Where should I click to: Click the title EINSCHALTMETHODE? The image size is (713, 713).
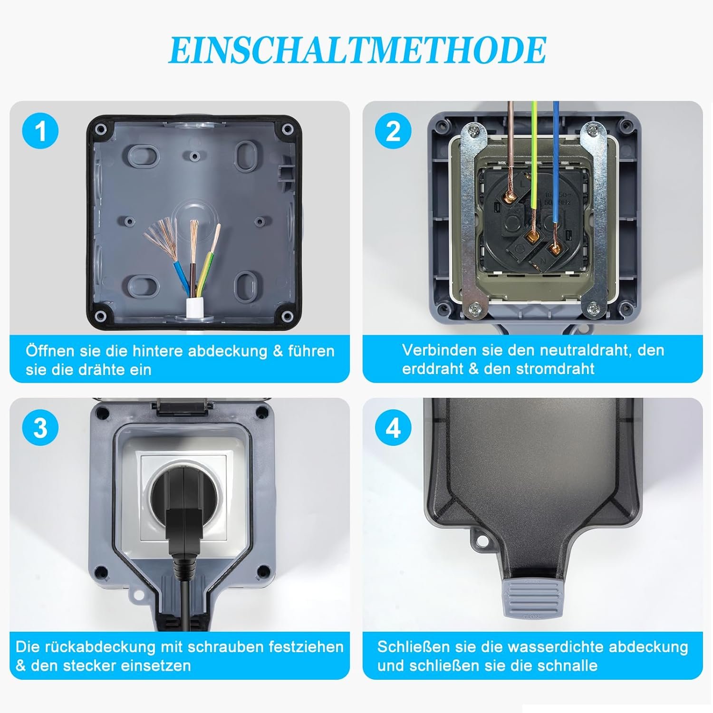[357, 50]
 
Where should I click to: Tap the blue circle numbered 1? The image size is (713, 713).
[40, 131]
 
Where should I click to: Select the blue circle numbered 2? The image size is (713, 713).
[393, 131]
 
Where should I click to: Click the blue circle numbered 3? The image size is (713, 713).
[40, 428]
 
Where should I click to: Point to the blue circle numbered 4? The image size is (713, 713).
[393, 428]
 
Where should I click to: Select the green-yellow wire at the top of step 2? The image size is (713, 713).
[534, 157]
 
